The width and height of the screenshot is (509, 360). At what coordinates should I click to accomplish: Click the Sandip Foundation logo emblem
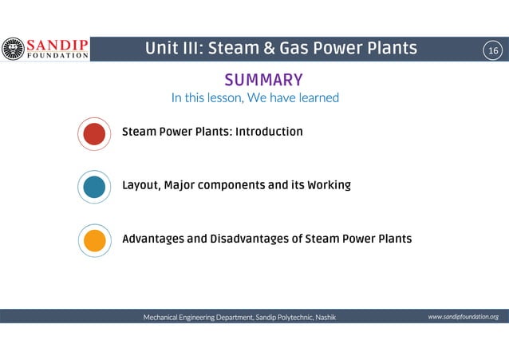tap(14, 49)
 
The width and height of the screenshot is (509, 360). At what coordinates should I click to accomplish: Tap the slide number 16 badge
tap(492, 50)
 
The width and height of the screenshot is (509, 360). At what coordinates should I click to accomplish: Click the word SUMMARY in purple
tap(263, 80)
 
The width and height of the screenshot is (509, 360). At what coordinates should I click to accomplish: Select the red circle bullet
tap(94, 133)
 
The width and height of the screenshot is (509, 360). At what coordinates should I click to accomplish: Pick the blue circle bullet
tap(94, 187)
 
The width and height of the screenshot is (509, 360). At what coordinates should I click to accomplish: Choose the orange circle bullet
tap(94, 240)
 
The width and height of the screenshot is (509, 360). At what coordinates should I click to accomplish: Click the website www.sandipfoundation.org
tap(463, 317)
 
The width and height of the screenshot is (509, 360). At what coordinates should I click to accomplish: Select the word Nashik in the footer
tap(326, 318)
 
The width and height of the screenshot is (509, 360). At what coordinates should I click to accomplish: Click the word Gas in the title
tap(299, 49)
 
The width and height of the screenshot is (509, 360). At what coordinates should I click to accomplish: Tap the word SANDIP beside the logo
tap(56, 44)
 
